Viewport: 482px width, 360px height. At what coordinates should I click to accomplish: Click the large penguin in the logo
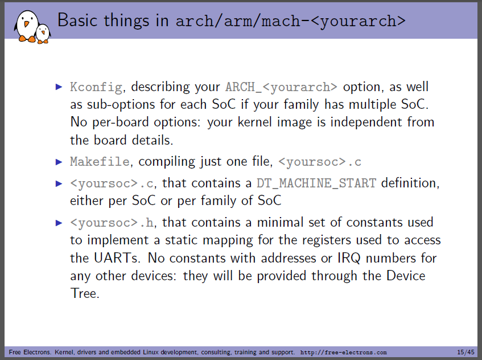tap(27, 26)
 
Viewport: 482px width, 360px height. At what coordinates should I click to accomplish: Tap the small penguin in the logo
tap(43, 34)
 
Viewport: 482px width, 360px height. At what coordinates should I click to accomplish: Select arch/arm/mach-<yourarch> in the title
tap(290, 21)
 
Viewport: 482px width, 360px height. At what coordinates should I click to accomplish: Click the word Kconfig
tap(96, 87)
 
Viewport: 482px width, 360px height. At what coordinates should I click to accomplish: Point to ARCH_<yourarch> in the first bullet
tap(281, 87)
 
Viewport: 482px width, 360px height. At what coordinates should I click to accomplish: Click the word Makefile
tap(100, 162)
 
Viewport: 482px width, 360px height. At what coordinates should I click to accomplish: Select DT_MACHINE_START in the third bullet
tap(316, 183)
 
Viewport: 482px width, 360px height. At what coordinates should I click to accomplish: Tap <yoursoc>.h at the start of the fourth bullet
tap(112, 223)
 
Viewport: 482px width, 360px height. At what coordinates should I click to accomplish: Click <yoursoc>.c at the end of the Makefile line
tap(320, 162)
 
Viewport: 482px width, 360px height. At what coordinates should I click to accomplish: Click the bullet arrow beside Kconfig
tap(59, 87)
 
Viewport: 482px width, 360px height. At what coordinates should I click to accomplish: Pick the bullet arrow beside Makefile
tap(59, 162)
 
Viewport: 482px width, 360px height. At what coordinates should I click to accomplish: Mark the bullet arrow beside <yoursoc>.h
tap(59, 223)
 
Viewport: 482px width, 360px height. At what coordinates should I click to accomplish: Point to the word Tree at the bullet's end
tap(85, 293)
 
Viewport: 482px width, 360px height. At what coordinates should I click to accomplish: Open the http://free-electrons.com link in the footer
tap(343, 352)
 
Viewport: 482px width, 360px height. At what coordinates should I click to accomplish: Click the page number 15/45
tap(465, 352)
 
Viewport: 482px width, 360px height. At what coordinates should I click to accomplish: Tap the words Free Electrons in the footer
tap(30, 352)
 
